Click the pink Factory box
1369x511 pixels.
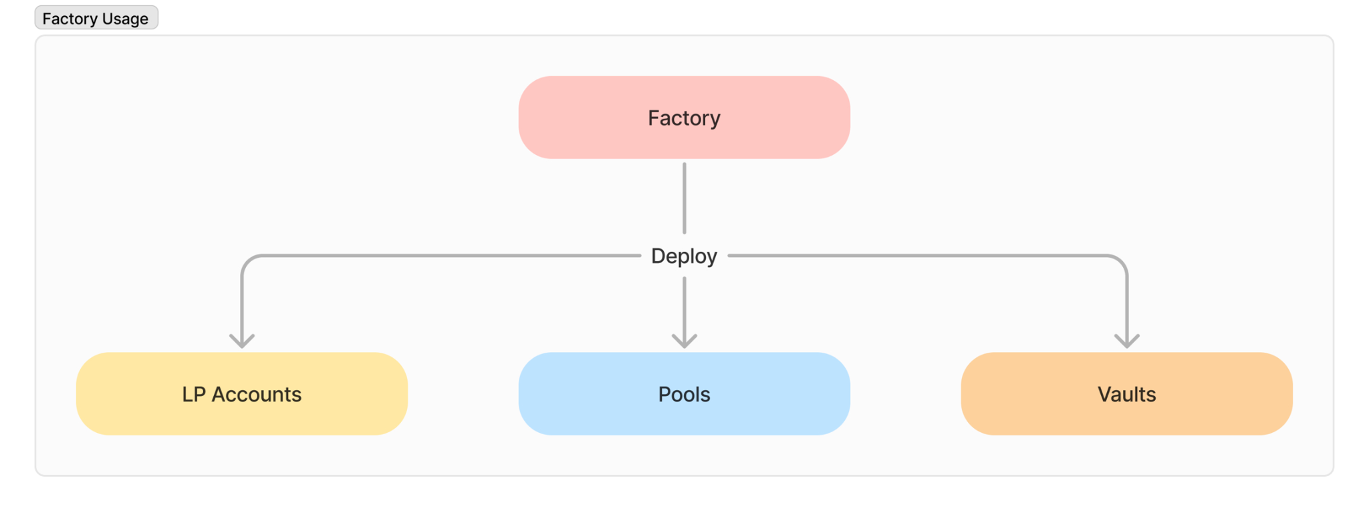pos(684,118)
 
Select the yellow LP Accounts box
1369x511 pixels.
pos(242,394)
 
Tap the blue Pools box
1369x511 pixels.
pos(684,394)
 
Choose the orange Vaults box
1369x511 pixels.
pos(1126,394)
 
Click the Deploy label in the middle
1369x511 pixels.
pos(684,256)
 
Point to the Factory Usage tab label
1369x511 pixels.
pos(96,18)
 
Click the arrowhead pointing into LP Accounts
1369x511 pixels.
pos(242,341)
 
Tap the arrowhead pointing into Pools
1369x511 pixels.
pos(684,341)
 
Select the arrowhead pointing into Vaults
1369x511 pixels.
pos(1127,341)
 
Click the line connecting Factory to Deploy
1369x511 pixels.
pos(684,198)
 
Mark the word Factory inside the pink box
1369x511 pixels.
pos(684,118)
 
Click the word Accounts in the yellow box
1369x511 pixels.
pos(257,394)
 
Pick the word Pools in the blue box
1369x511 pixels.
pos(684,394)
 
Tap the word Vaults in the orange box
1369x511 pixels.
pos(1126,394)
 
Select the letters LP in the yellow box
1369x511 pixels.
pos(194,394)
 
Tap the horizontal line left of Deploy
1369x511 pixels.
pos(441,256)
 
